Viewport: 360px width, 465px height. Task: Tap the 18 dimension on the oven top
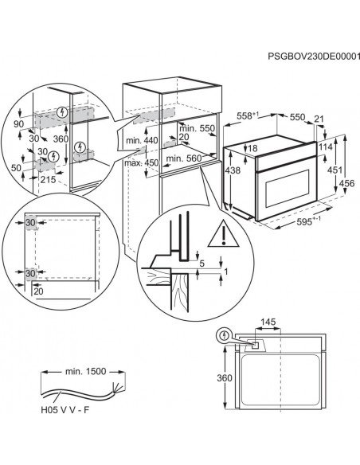tap(252, 149)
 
